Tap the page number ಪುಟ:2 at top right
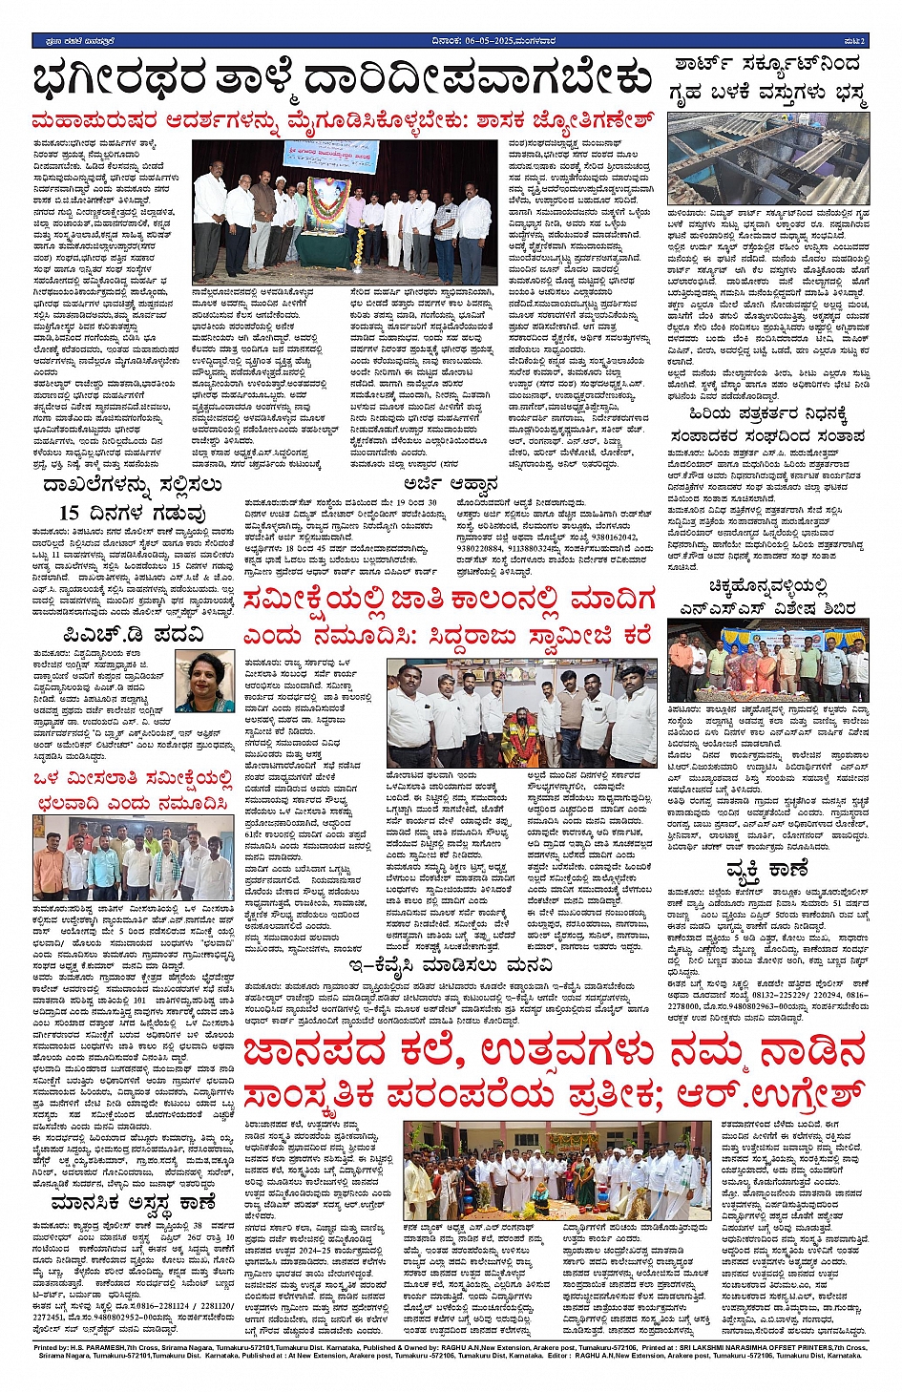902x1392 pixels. coord(854,39)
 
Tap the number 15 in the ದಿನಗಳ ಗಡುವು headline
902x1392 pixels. coord(69,513)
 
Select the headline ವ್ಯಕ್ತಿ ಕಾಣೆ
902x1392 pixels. coord(766,870)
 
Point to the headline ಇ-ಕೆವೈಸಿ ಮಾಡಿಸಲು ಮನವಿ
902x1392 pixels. coord(451,965)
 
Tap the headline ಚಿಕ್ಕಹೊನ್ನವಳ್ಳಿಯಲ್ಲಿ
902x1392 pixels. coord(768,586)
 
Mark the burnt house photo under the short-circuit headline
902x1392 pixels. coord(768,159)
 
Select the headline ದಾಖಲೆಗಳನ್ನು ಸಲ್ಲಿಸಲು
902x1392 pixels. coord(134,485)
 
